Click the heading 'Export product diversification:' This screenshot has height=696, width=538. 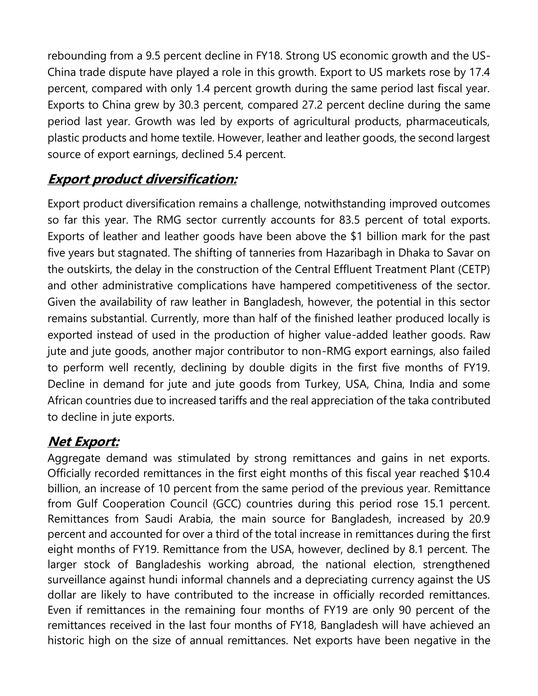click(142, 179)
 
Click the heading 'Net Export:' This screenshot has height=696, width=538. click(83, 442)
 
